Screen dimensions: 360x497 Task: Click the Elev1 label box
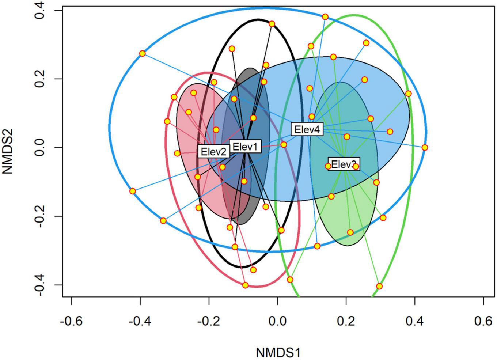pos(245,147)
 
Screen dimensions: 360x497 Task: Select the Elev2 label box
pos(214,151)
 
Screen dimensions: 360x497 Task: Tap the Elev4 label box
pos(307,129)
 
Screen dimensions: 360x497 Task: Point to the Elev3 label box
pos(344,164)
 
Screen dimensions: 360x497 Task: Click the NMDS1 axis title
pos(278,353)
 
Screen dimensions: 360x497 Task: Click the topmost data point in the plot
pos(325,17)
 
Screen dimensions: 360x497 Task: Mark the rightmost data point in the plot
pos(425,148)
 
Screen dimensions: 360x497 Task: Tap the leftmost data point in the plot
pos(133,191)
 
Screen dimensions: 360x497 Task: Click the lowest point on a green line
pos(379,286)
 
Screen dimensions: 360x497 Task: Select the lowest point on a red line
pos(246,285)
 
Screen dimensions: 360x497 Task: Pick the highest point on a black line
pos(272,24)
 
